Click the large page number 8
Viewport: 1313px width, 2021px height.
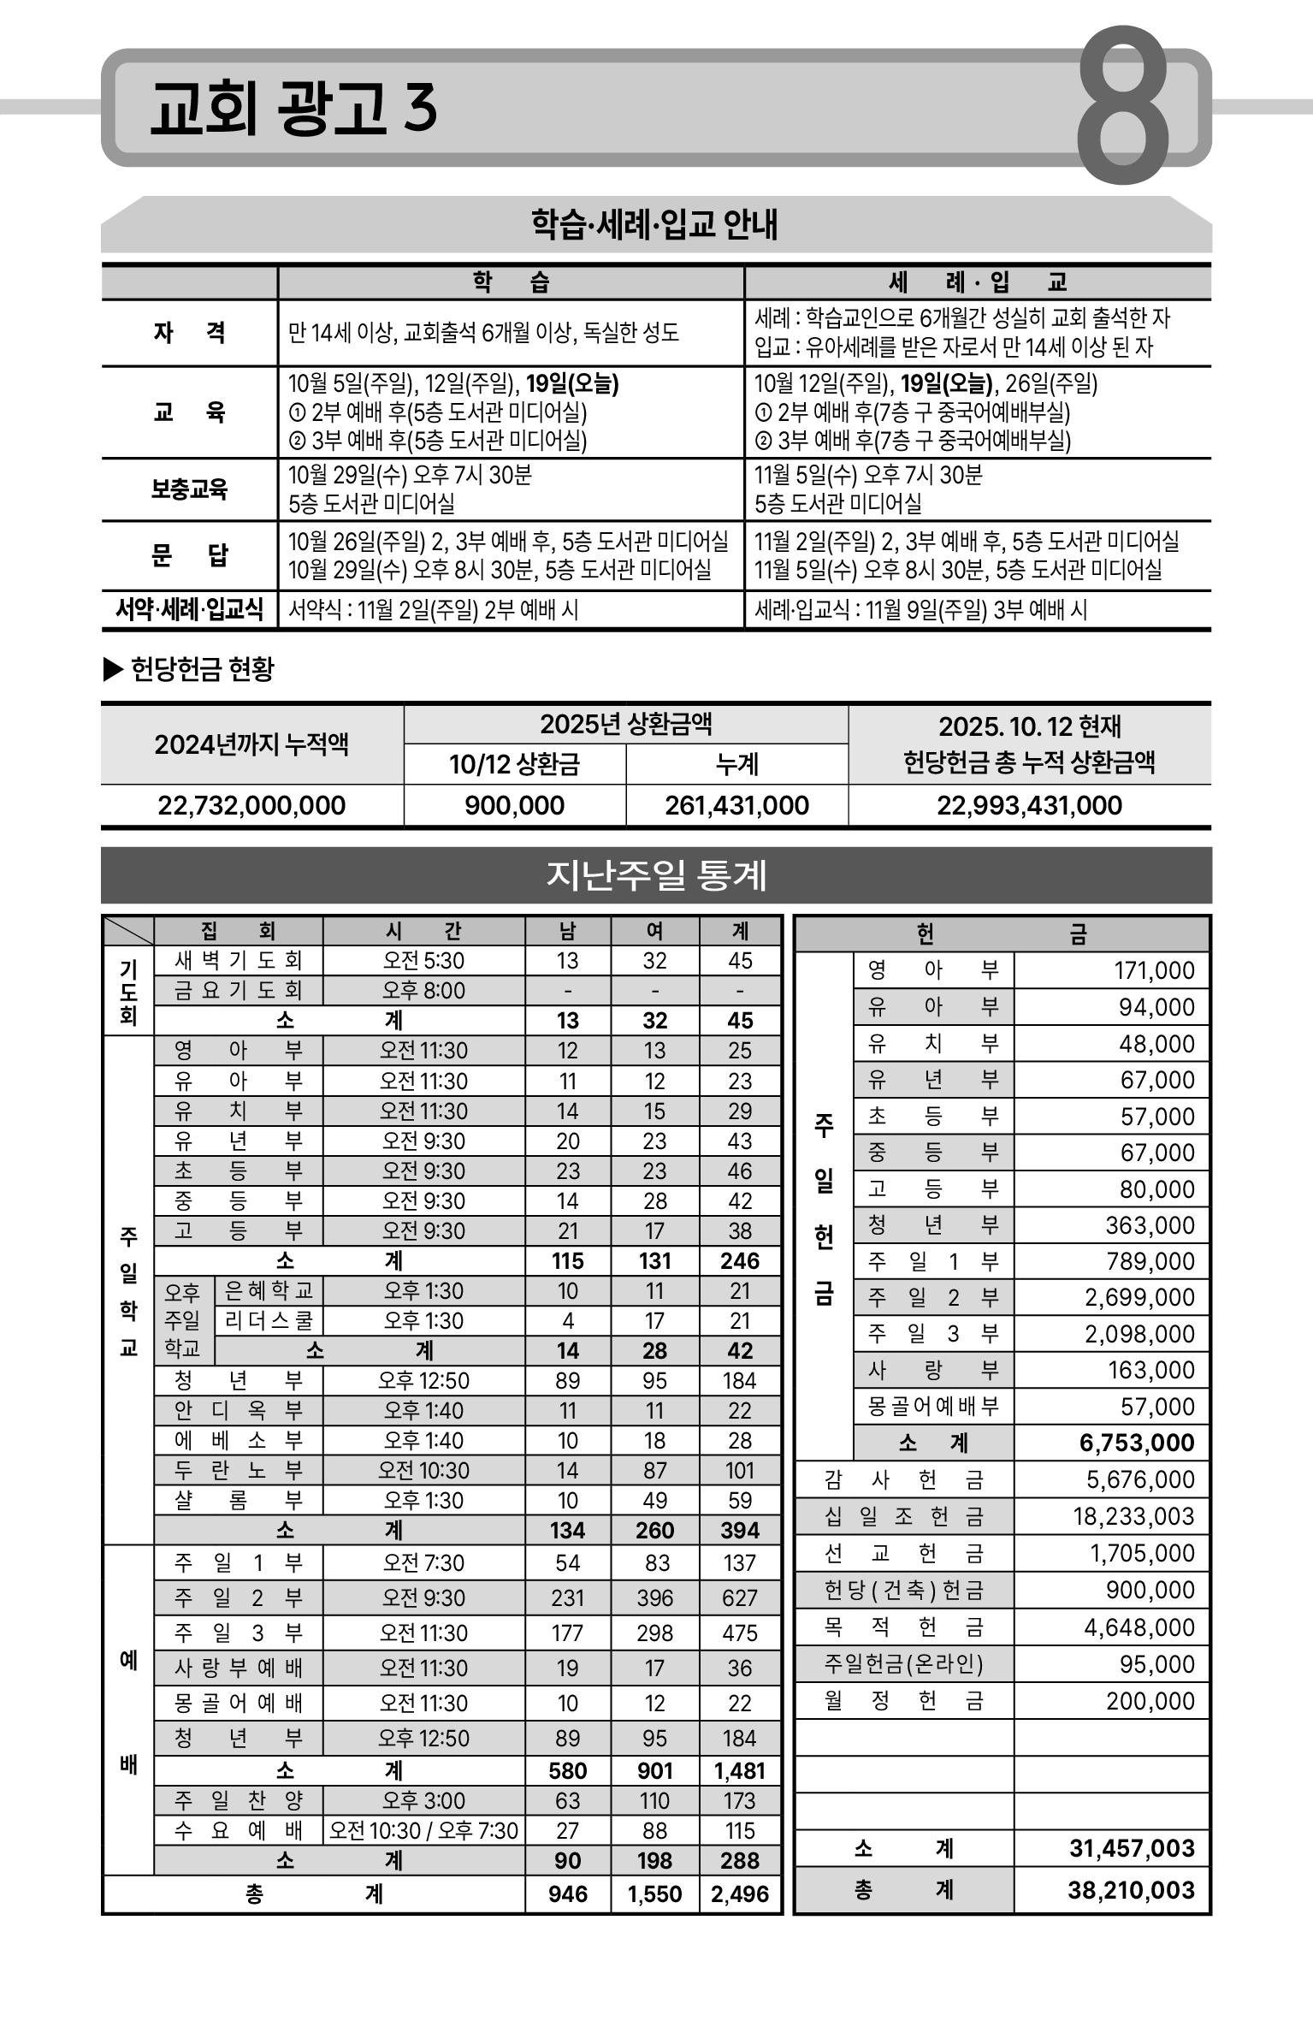pyautogui.click(x=1122, y=106)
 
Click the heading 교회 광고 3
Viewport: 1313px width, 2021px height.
pyautogui.click(x=293, y=110)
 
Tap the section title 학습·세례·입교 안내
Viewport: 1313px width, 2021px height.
pyautogui.click(x=655, y=225)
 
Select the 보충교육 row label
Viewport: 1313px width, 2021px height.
pyautogui.click(x=189, y=489)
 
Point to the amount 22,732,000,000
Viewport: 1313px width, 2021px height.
pyautogui.click(x=251, y=805)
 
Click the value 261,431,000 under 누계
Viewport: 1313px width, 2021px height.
pyautogui.click(x=736, y=805)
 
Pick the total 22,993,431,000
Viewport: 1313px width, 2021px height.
pyautogui.click(x=1029, y=805)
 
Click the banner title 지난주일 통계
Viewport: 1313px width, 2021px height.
pyautogui.click(x=656, y=875)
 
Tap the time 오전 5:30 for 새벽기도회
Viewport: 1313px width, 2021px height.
pyautogui.click(x=423, y=961)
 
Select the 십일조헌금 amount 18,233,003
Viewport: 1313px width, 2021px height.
pyautogui.click(x=1133, y=1516)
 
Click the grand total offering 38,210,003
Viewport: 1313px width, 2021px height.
pyautogui.click(x=1131, y=1890)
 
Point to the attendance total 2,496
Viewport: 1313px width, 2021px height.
pyautogui.click(x=740, y=1894)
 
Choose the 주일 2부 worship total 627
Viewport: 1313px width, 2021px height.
pyautogui.click(x=740, y=1597)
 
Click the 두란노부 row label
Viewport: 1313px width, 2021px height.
pyautogui.click(x=238, y=1470)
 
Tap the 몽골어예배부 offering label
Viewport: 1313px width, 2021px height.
pyautogui.click(x=933, y=1407)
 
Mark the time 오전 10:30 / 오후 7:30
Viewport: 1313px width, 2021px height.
pyautogui.click(x=423, y=1830)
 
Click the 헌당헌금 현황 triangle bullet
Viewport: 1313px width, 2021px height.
pyautogui.click(x=113, y=669)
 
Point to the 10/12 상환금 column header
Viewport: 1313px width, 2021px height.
pyautogui.click(x=514, y=764)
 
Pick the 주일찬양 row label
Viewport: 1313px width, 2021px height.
pyautogui.click(x=238, y=1800)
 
